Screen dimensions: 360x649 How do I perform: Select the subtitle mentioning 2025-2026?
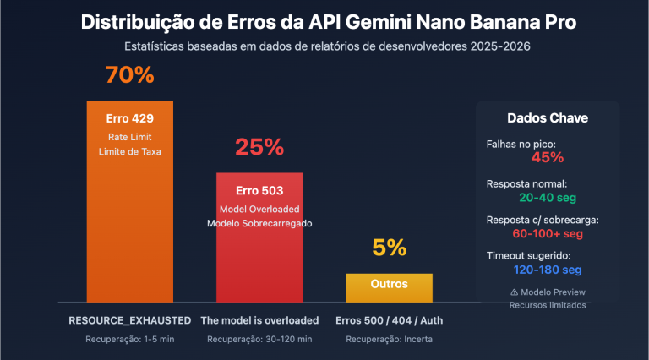[324, 46]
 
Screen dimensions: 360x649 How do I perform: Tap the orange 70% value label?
[129, 75]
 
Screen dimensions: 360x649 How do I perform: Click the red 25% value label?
[259, 147]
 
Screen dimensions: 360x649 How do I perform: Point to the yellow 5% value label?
[389, 248]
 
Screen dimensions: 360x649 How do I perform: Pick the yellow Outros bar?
[389, 286]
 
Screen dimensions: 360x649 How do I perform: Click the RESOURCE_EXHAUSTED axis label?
[129, 320]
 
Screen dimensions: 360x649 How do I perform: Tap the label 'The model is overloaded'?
[259, 320]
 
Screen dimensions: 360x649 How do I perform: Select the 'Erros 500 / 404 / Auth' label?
[389, 320]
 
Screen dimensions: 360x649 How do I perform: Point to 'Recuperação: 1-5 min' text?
[129, 339]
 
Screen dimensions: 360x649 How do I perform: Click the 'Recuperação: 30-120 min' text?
[259, 339]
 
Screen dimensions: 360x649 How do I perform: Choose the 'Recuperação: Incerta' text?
[389, 339]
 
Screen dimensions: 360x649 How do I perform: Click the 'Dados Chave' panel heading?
[547, 118]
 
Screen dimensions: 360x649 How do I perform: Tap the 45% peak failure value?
[547, 157]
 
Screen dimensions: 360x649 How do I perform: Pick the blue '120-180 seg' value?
[547, 270]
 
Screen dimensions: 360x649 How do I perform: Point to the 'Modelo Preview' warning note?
[547, 291]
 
